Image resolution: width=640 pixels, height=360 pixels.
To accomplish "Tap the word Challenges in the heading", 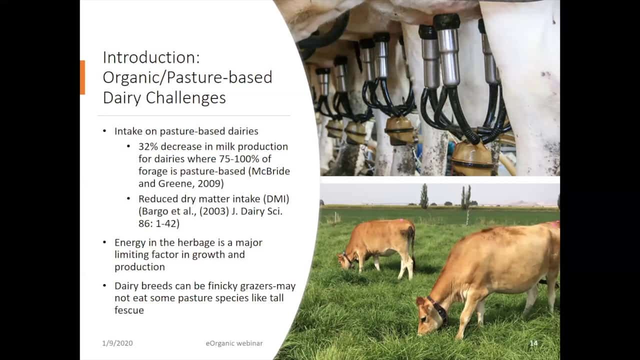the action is pyautogui.click(x=185, y=97).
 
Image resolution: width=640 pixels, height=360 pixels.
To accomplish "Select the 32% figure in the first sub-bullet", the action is pyautogui.click(x=148, y=146).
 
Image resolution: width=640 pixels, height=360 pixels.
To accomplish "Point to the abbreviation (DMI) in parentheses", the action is pyautogui.click(x=276, y=199).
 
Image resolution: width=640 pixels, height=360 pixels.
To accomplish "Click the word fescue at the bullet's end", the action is pyautogui.click(x=129, y=310).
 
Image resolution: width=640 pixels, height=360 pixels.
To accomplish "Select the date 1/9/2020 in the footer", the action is pyautogui.click(x=117, y=343).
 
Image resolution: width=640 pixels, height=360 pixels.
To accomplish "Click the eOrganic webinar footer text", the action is pyautogui.click(x=234, y=343).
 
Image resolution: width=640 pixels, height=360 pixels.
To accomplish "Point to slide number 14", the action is pyautogui.click(x=533, y=343).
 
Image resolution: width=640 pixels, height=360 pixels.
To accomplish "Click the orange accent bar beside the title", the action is pyautogui.click(x=82, y=77).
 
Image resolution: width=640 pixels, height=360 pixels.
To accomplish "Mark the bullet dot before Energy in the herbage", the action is pyautogui.click(x=104, y=242).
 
